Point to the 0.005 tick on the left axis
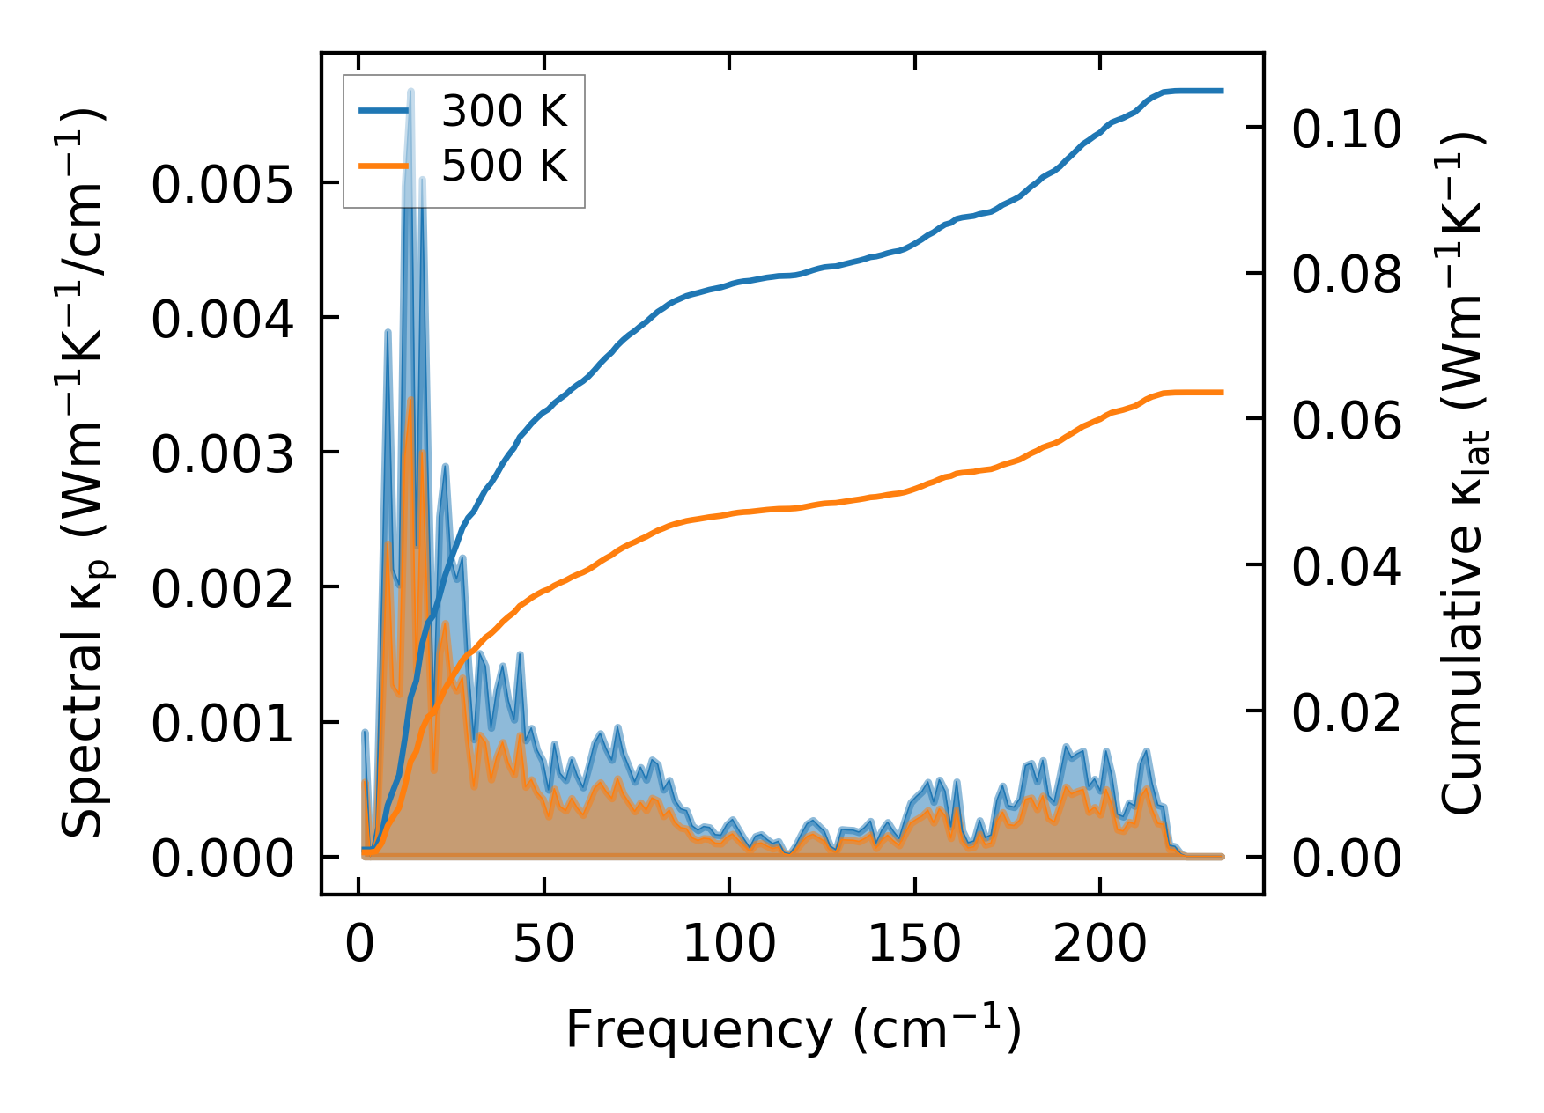221,186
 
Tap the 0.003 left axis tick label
221,455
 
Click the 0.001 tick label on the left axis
221,725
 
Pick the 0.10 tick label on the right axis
1346,129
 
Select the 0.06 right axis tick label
1346,421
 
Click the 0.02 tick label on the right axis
1346,712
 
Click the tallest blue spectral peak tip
410,92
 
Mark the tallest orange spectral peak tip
410,399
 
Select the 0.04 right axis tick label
1346,566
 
